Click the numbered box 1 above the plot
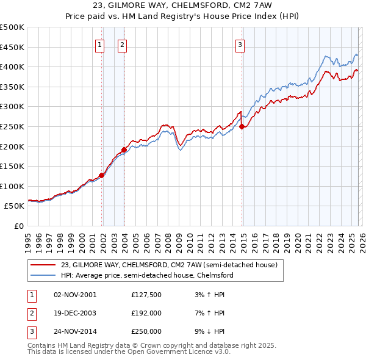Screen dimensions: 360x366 [100, 44]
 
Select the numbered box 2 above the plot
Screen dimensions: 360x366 [122, 44]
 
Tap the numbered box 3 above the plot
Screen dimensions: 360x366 [240, 44]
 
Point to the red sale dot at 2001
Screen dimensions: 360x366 [102, 175]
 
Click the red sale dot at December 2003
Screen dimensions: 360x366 [124, 149]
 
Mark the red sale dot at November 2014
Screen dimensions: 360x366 [242, 126]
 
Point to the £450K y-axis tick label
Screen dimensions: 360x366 [12, 47]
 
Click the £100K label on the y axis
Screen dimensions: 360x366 [12, 186]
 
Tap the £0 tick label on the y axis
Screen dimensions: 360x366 [18, 226]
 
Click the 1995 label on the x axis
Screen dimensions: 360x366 [27, 239]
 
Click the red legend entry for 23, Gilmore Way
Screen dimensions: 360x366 [169, 265]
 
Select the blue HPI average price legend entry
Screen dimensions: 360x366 [147, 275]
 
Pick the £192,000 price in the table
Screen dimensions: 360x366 [146, 313]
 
